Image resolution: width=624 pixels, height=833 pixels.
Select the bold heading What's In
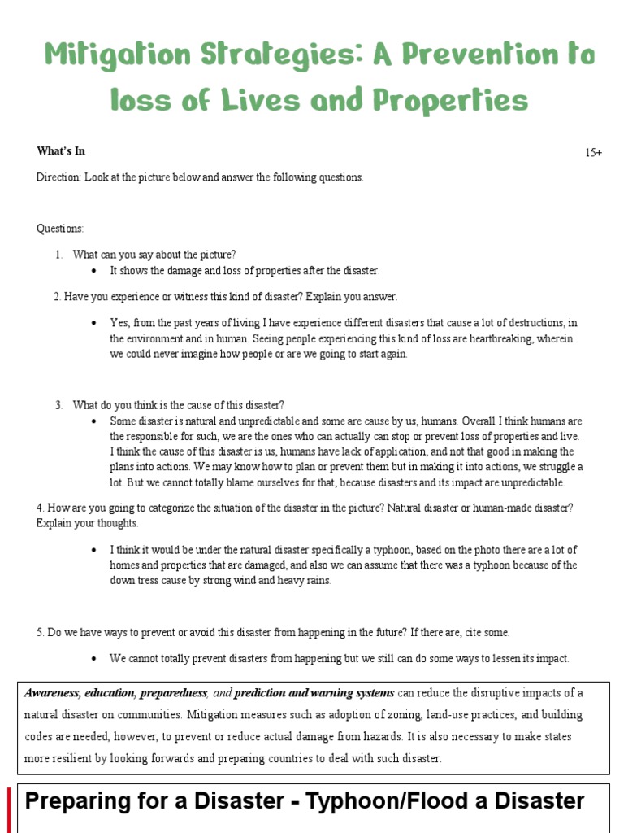(61, 151)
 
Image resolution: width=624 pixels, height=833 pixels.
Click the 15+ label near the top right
(593, 152)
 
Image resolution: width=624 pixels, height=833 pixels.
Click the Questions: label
(60, 229)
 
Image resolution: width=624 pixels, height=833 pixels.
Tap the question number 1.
(58, 255)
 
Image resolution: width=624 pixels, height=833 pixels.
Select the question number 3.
(58, 405)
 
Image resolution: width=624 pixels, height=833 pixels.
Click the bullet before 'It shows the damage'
(95, 271)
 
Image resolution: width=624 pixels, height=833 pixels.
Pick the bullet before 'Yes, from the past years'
(95, 323)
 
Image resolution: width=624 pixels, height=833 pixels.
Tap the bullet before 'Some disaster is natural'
(95, 421)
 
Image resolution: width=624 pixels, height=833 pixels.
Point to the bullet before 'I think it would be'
(95, 549)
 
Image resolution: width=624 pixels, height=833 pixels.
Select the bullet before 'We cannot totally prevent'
(95, 658)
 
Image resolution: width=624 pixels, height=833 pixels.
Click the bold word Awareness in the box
(50, 693)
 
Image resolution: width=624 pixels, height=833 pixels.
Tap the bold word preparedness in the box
(174, 693)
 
